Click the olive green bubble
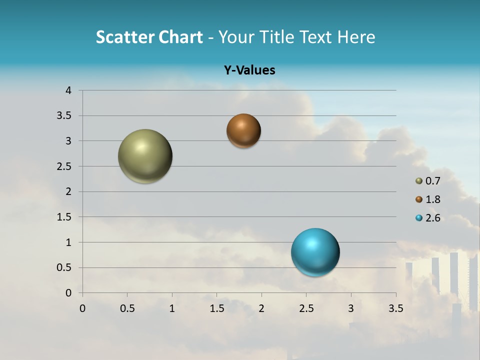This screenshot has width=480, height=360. (x=145, y=156)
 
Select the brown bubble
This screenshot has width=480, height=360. (x=243, y=130)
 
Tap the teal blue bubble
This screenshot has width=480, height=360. (x=315, y=252)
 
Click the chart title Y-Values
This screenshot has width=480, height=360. (x=249, y=70)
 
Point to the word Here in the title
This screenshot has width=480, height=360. (x=356, y=37)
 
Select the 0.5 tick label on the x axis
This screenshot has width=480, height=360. (x=127, y=308)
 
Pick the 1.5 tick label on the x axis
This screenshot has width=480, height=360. (x=216, y=308)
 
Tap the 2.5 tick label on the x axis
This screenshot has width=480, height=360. (x=306, y=308)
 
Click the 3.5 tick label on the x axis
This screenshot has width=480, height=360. (x=395, y=308)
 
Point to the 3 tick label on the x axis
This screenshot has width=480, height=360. (x=351, y=308)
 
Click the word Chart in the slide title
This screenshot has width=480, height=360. (x=180, y=37)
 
